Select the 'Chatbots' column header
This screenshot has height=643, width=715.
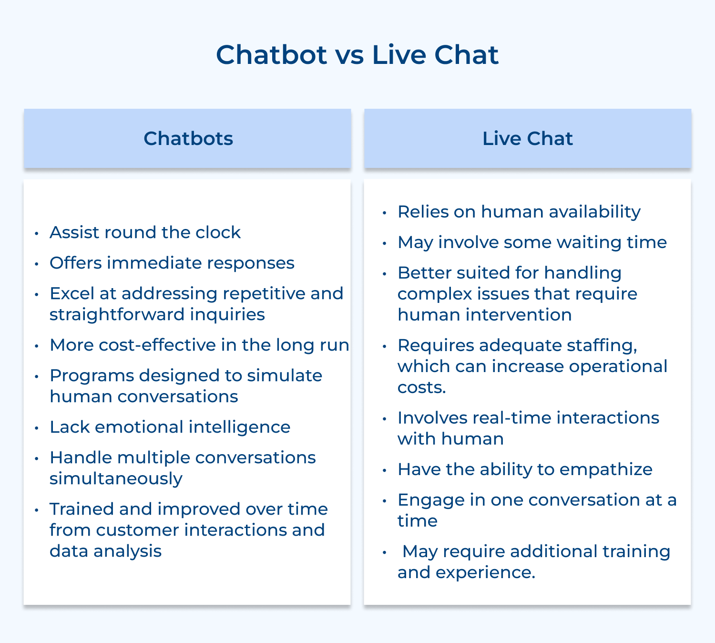click(x=188, y=138)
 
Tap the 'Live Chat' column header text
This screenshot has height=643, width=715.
click(x=527, y=138)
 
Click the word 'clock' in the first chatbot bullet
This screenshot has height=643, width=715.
click(x=220, y=232)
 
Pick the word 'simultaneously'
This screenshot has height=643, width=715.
click(x=116, y=478)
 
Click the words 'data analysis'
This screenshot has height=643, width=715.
click(x=105, y=551)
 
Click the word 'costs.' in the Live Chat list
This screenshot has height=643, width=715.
click(x=421, y=387)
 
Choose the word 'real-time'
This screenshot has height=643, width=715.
click(x=511, y=418)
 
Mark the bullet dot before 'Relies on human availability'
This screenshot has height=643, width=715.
click(x=384, y=213)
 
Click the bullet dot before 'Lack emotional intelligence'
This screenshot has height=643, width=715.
click(x=37, y=428)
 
